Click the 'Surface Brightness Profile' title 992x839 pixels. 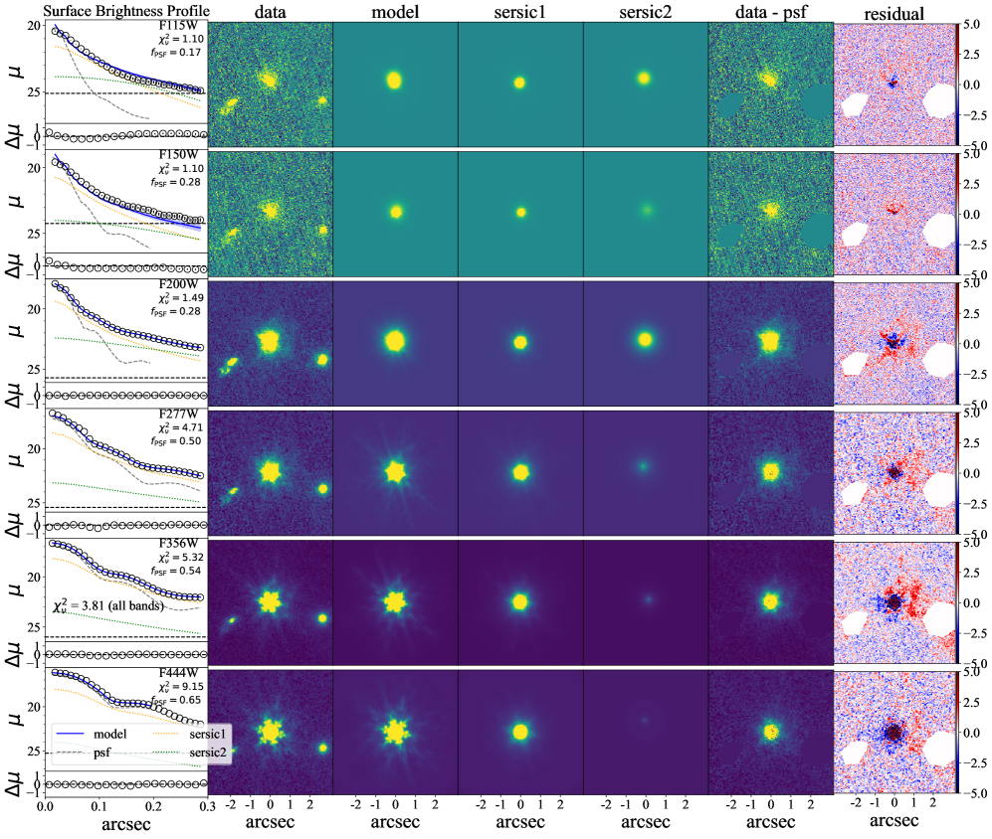coord(103,11)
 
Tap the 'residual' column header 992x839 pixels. coord(893,12)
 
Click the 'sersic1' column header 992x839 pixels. coord(519,12)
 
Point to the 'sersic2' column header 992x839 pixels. coord(645,12)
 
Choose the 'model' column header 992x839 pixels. coord(395,12)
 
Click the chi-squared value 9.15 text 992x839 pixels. coord(181,687)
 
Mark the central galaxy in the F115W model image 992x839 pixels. coord(394,80)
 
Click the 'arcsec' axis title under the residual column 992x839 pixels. coord(893,823)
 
